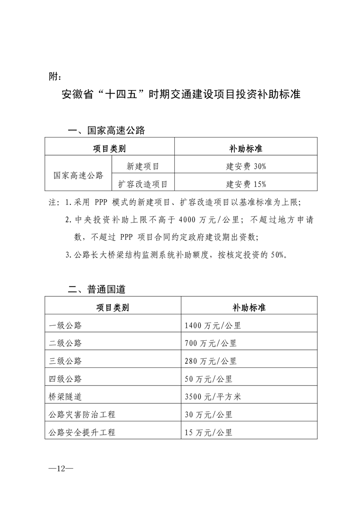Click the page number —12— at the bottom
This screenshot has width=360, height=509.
[61, 468]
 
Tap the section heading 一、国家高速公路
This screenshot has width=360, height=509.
[106, 131]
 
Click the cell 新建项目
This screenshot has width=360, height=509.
[143, 166]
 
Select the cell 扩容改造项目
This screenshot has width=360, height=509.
[143, 184]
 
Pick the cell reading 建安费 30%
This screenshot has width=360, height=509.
[246, 166]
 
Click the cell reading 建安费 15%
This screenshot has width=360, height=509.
[246, 184]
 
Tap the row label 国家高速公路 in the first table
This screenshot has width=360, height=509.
[78, 175]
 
